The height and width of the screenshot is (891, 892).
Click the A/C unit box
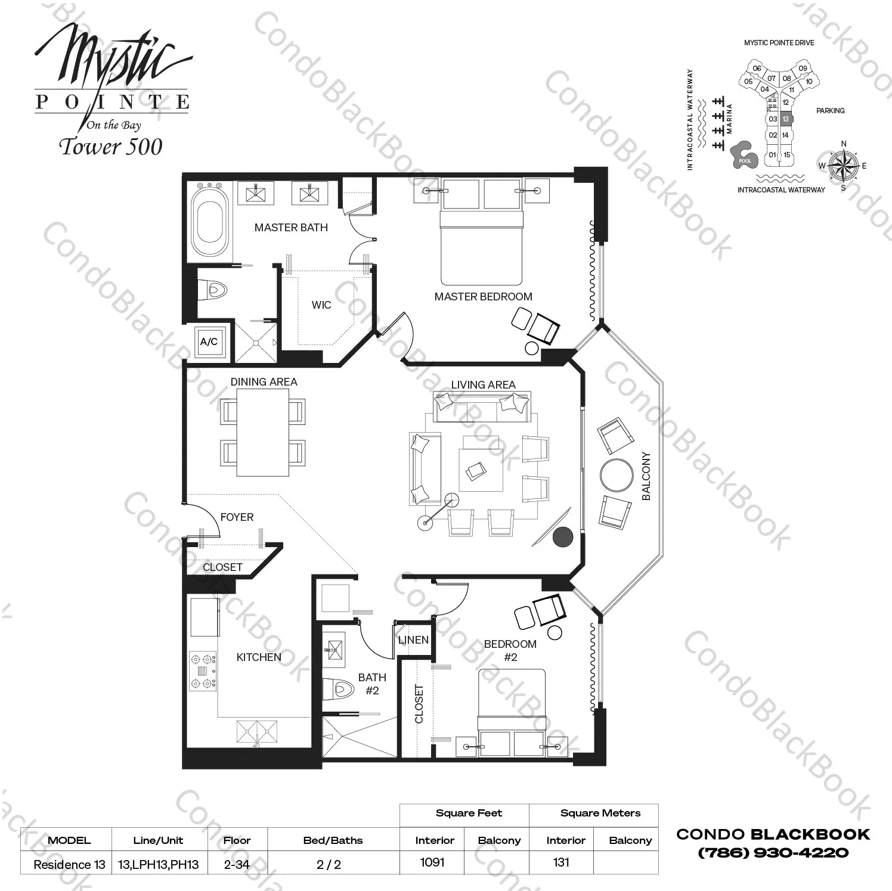coord(209,342)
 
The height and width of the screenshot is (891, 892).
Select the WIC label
coord(321,305)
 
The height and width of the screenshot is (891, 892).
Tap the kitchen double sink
coord(257,731)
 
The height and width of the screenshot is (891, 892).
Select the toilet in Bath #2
coord(338,690)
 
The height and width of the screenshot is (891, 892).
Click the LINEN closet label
coord(413,640)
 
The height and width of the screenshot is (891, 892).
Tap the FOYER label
coord(237,517)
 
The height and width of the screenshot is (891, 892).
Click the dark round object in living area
coord(562,537)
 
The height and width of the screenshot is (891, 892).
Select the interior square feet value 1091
coord(432,862)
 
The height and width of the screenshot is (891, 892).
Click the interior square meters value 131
coord(561,862)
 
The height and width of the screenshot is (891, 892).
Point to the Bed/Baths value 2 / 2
coord(329,865)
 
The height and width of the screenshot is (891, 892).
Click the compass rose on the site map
coord(843,165)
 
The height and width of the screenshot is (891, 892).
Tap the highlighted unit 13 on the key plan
coord(785,119)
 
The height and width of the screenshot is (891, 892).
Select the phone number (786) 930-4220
coord(773,853)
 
